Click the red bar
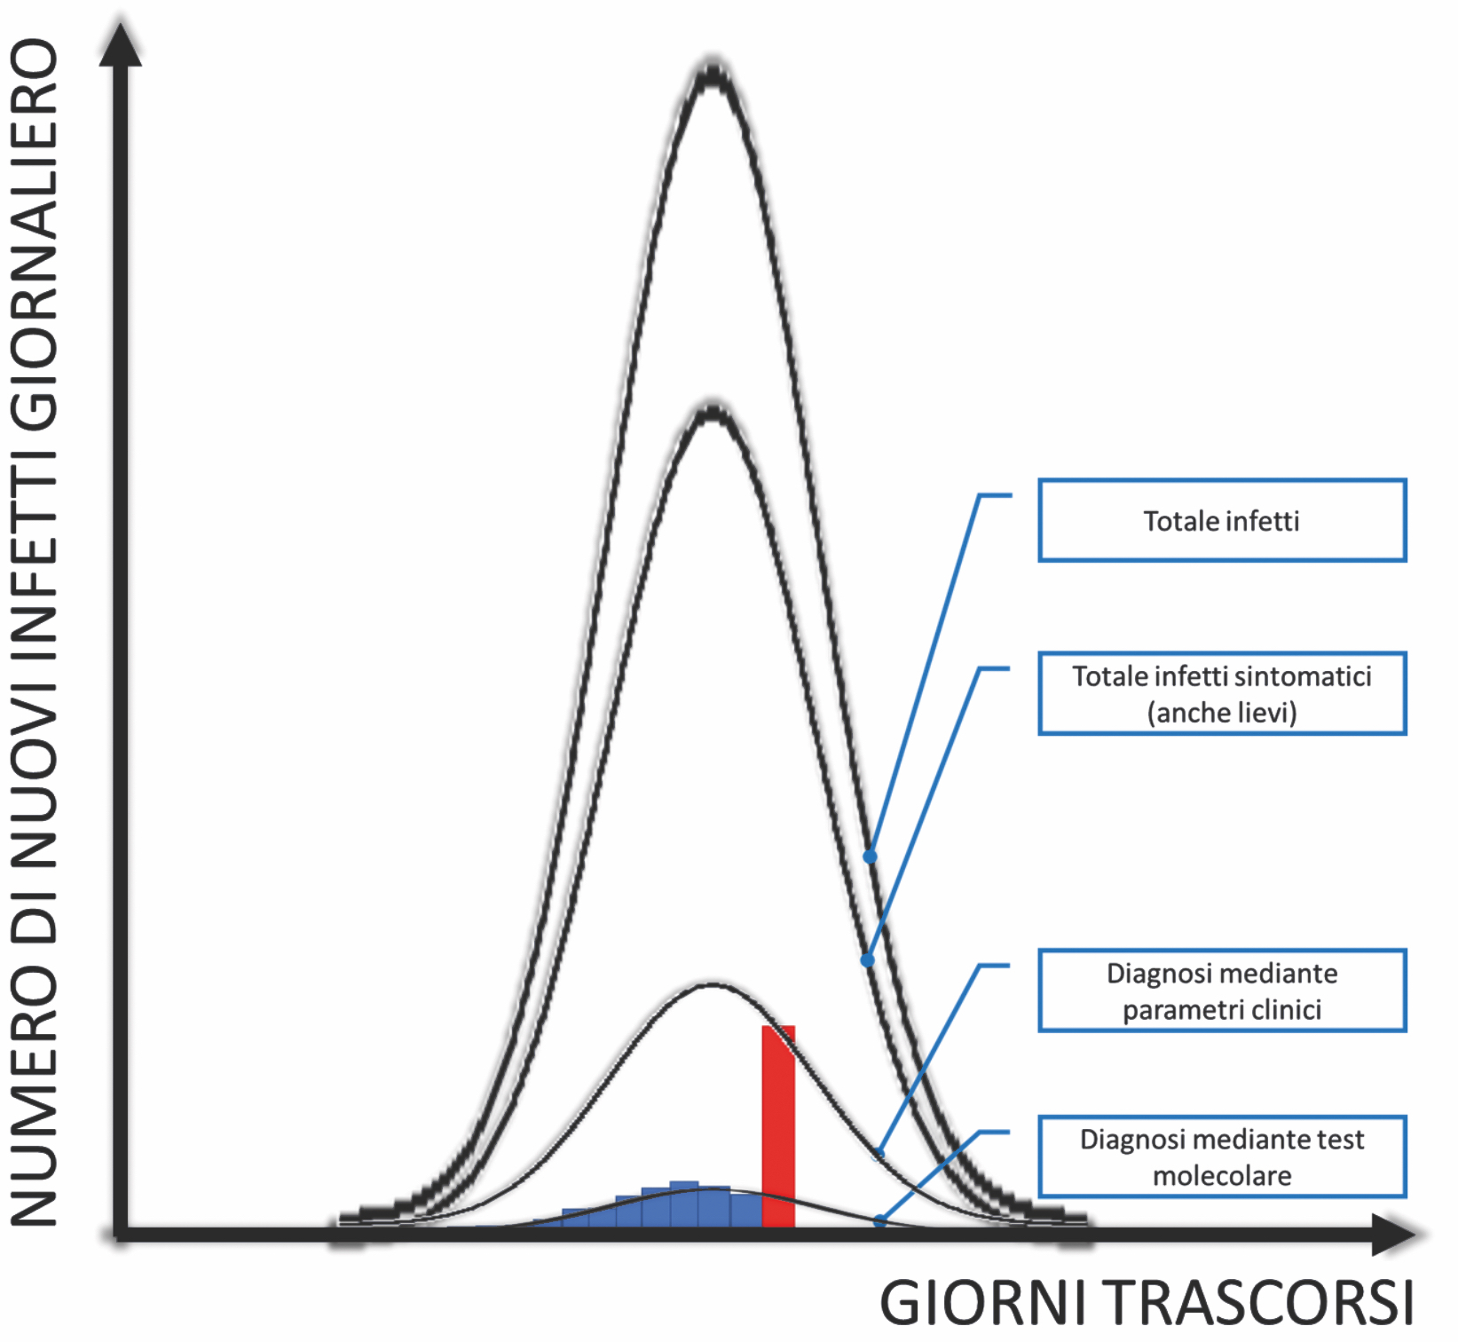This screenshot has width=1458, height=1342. (x=778, y=1126)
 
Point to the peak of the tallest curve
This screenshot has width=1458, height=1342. (x=712, y=75)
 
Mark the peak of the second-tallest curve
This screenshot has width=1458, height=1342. (x=712, y=413)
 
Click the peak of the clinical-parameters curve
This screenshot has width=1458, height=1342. (x=712, y=984)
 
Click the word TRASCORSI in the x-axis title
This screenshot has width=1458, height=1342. (x=1261, y=1304)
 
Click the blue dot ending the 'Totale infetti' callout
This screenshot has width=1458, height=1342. (x=870, y=857)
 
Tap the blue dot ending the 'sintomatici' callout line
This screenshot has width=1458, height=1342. (x=867, y=960)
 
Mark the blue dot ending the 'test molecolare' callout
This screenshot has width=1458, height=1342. (x=879, y=1221)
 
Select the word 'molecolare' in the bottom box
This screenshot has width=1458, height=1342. (x=1222, y=1176)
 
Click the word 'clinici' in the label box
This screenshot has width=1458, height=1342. (x=1286, y=1010)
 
